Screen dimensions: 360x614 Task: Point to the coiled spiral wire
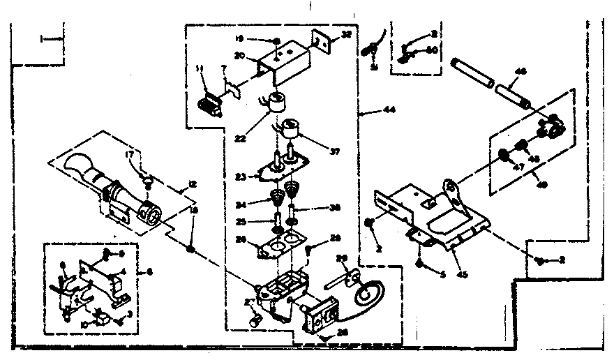(x=368, y=294)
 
